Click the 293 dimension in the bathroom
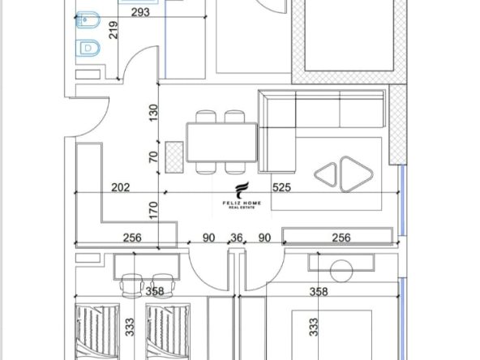[x=140, y=12]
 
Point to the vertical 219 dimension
[x=114, y=30]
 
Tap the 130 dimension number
[x=153, y=113]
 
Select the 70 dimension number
[x=153, y=157]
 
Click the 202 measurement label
[x=120, y=187]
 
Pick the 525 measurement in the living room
[x=281, y=187]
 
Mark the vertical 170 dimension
[x=153, y=210]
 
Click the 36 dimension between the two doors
[x=236, y=238]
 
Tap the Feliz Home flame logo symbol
[x=242, y=190]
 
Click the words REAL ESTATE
[x=242, y=208]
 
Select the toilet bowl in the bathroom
[x=88, y=48]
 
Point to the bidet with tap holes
[x=88, y=20]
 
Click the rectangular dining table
[x=221, y=142]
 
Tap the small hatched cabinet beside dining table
[x=174, y=157]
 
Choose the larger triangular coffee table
[x=356, y=174]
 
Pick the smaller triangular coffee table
[x=326, y=174]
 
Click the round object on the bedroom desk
[x=341, y=271]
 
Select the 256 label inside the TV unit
[x=341, y=238]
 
